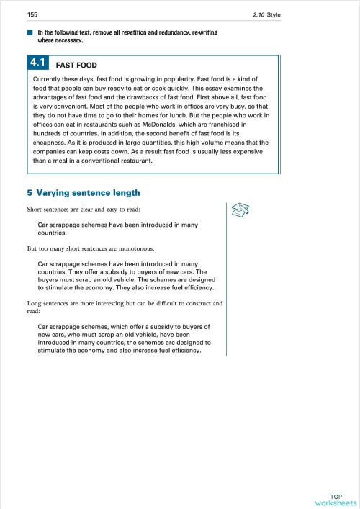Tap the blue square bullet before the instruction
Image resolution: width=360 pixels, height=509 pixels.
[30, 33]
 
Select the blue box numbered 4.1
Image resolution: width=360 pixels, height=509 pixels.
[40, 63]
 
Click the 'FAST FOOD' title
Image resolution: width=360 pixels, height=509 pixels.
[81, 65]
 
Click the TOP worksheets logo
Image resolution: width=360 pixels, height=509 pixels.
[335, 500]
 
